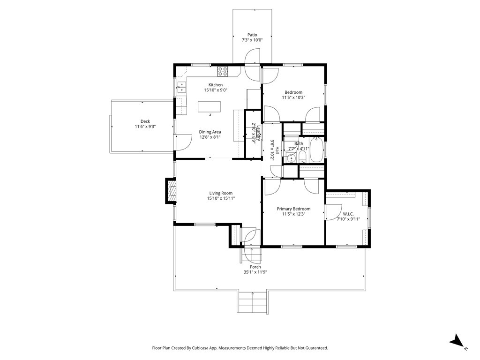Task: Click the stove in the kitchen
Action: tap(223, 71)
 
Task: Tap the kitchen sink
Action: tap(181, 87)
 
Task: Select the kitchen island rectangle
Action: tap(210, 107)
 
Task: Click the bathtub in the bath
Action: tap(316, 150)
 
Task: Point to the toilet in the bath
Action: tap(302, 157)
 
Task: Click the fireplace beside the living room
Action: tap(171, 191)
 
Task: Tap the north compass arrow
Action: tap(457, 341)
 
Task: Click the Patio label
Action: tap(252, 35)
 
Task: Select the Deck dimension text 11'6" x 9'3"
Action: tap(145, 127)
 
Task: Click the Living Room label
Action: tap(221, 193)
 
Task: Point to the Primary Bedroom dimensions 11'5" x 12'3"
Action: tap(293, 214)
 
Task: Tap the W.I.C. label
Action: tap(348, 214)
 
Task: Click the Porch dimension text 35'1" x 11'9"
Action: tap(255, 272)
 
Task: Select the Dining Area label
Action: tap(210, 132)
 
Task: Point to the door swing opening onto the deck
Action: tap(183, 142)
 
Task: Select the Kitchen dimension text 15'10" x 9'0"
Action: tap(216, 90)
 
